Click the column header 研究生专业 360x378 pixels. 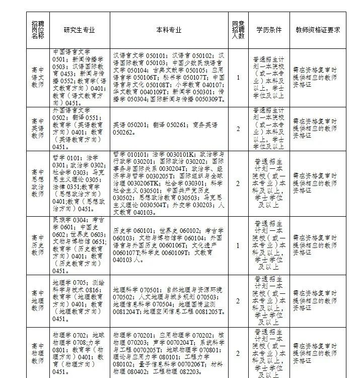point(79,30)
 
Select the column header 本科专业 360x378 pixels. point(169,30)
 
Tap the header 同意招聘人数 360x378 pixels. point(238,30)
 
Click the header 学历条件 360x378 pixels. point(269,30)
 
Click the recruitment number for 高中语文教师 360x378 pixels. point(238,78)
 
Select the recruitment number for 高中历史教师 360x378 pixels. point(238,245)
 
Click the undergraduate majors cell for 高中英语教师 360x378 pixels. point(169,129)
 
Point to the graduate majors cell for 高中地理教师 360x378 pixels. point(79,301)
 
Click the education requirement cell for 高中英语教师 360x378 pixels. point(269,129)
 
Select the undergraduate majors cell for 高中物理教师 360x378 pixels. point(169,353)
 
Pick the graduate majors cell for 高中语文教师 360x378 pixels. point(79,78)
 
